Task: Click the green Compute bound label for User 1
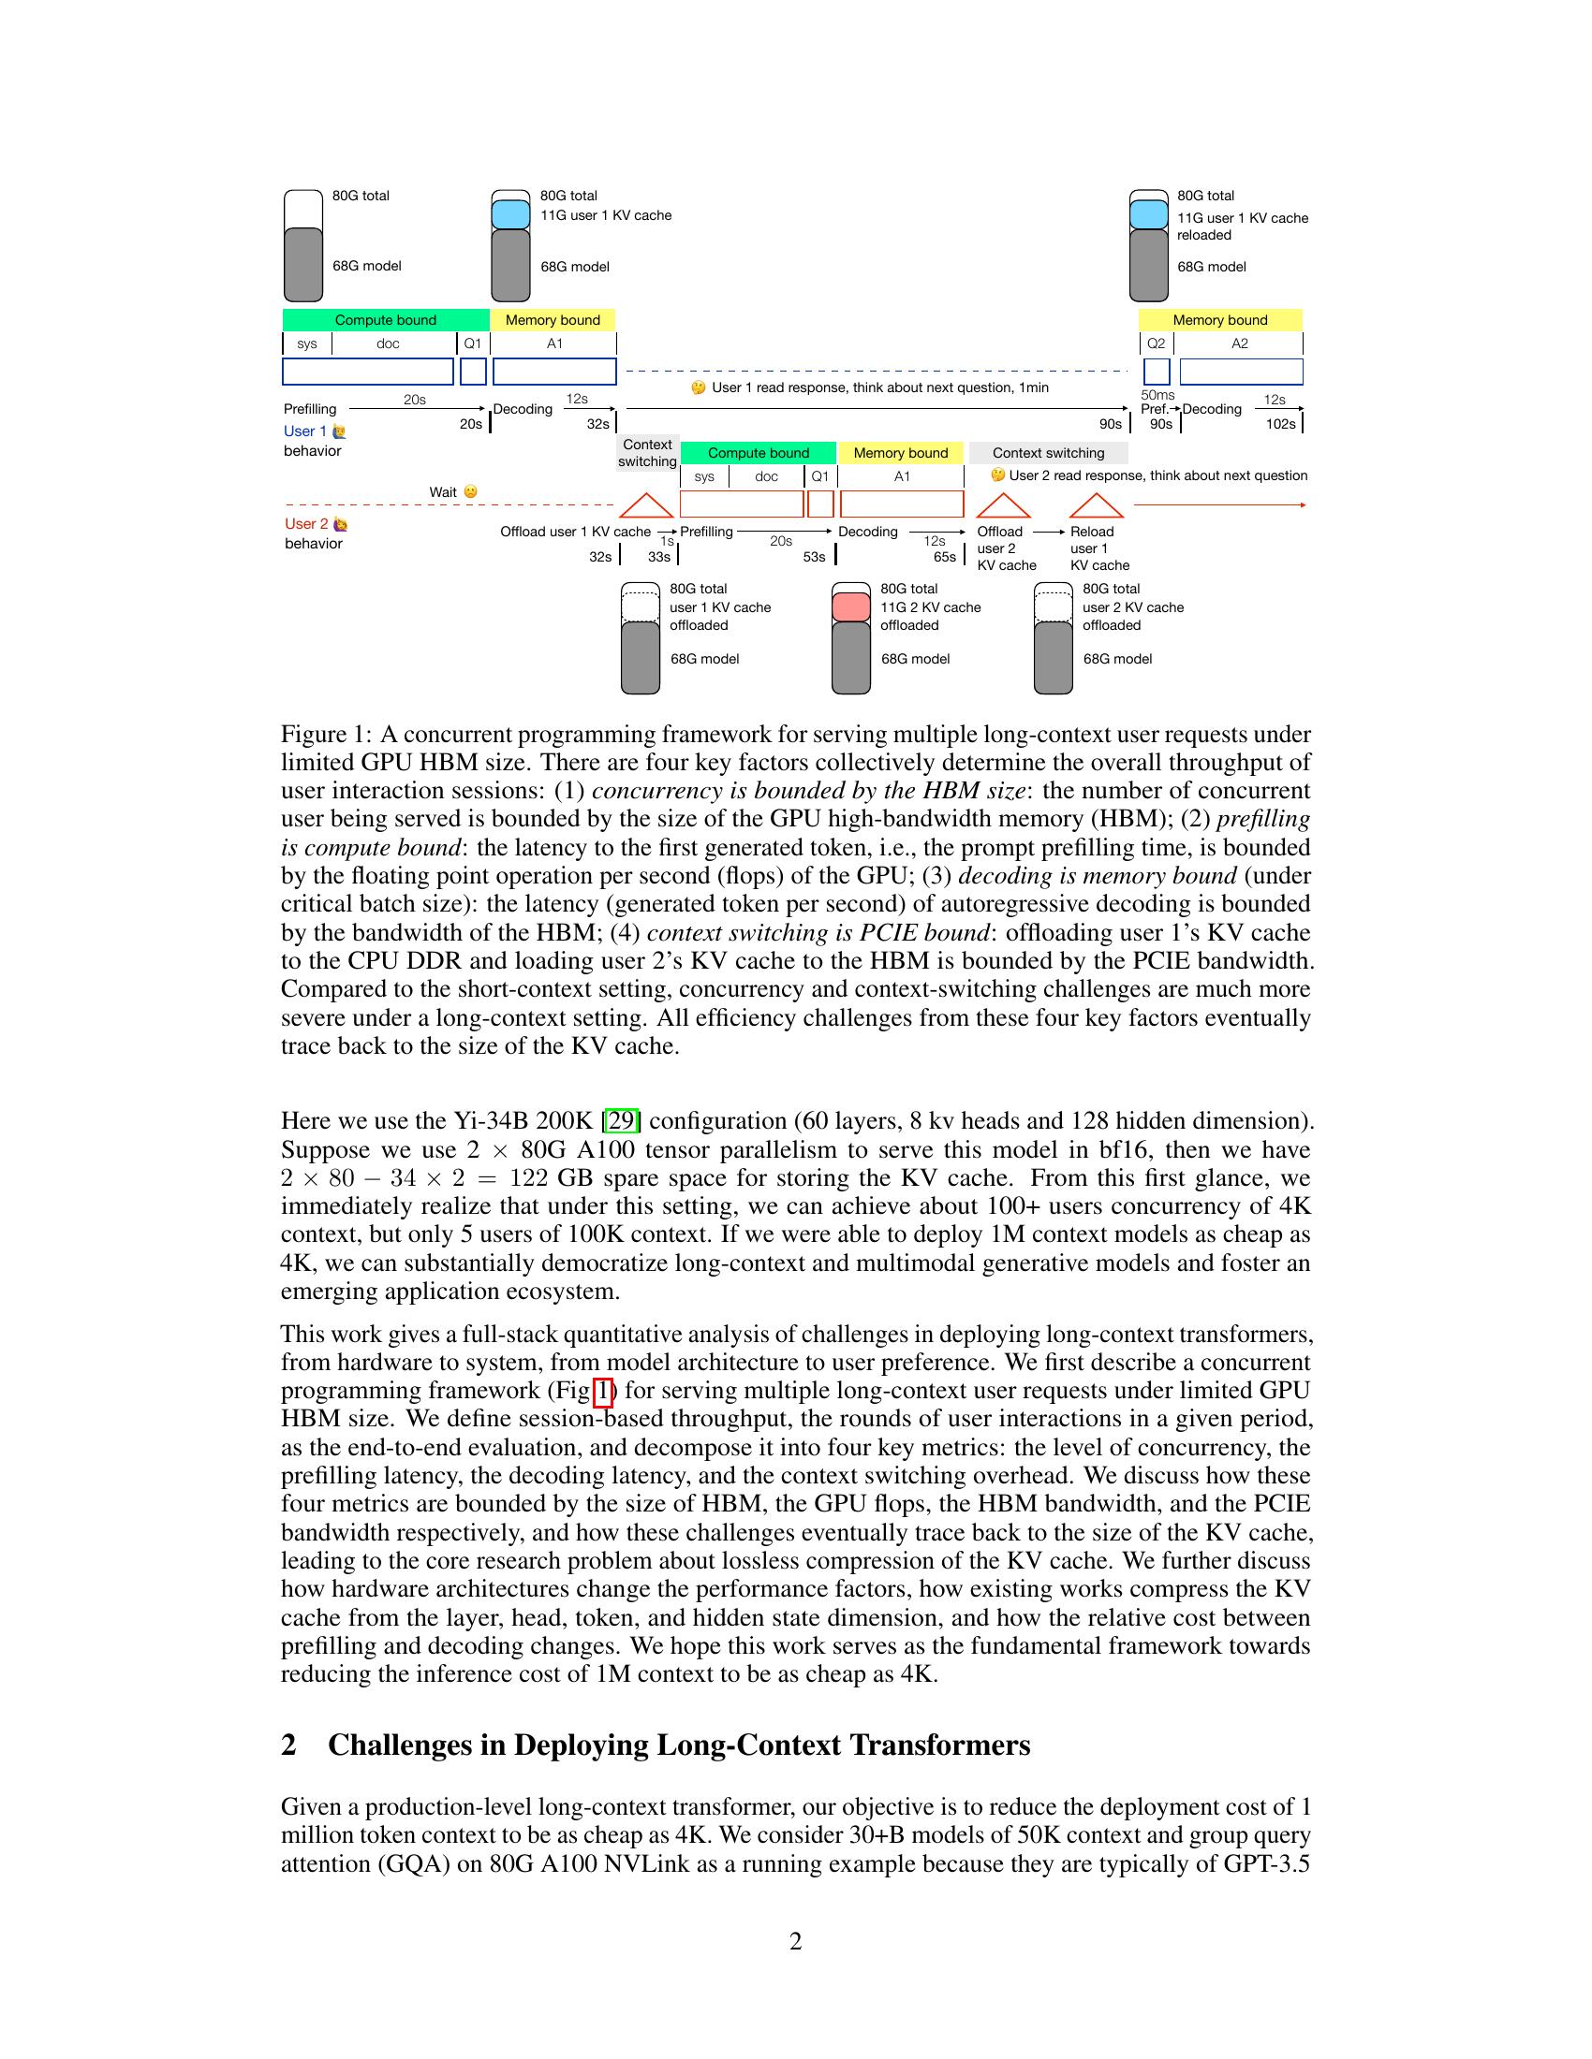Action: [x=385, y=319]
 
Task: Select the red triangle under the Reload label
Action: [x=1096, y=506]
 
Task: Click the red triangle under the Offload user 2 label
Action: [x=1003, y=506]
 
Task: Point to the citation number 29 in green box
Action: [x=622, y=1121]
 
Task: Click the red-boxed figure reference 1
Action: [x=604, y=1391]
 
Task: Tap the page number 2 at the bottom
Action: [x=795, y=1941]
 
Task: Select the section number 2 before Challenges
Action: [x=288, y=1745]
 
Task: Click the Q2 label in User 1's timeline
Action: [x=1156, y=343]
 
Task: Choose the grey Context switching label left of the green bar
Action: [x=647, y=453]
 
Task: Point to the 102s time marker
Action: [x=1280, y=424]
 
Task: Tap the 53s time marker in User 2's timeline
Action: [x=814, y=557]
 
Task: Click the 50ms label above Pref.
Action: [x=1157, y=395]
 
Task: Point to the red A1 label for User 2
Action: [x=902, y=476]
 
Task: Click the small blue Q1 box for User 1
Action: [x=473, y=372]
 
